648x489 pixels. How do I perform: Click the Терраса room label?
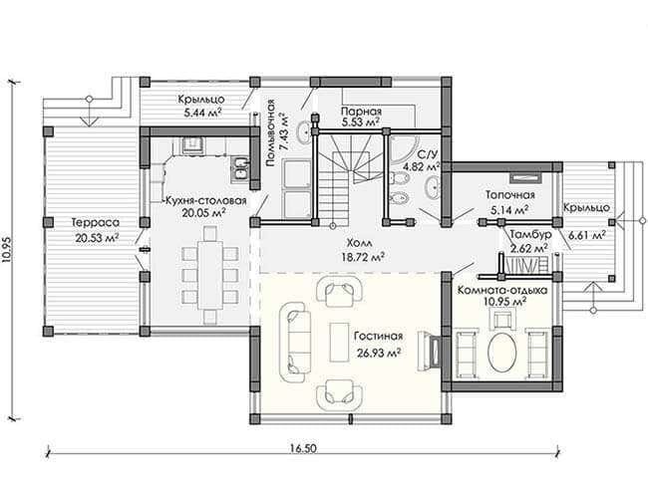96,223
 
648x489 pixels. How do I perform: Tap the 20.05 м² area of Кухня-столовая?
203,213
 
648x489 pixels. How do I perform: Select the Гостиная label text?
378,337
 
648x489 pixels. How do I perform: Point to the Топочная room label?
510,195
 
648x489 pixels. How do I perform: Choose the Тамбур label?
530,235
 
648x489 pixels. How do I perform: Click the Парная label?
361,112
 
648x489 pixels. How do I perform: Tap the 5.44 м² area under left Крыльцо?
201,113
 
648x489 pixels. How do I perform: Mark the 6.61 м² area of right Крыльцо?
587,235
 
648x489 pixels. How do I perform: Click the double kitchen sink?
239,168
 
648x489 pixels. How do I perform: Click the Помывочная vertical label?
270,133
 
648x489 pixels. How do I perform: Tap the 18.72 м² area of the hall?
363,257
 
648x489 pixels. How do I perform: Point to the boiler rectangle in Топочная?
526,178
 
